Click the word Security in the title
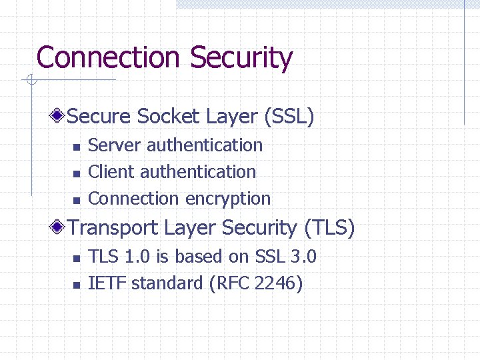pyautogui.click(x=241, y=58)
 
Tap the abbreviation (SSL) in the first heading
pyautogui.click(x=289, y=117)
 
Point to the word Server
pyautogui.click(x=115, y=145)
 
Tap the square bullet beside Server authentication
pyautogui.click(x=76, y=147)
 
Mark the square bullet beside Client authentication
pyautogui.click(x=76, y=173)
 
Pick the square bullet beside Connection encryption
pyautogui.click(x=76, y=200)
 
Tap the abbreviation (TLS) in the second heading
pyautogui.click(x=329, y=228)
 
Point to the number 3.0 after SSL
pyautogui.click(x=303, y=257)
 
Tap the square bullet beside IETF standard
pyautogui.click(x=76, y=285)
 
